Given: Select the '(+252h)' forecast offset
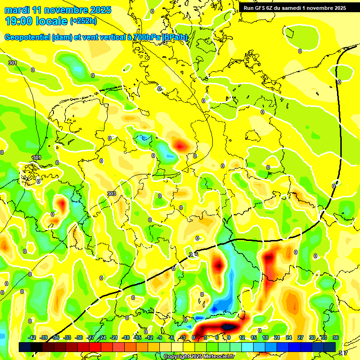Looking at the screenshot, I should click(x=83, y=21).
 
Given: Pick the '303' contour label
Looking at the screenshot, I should click(x=111, y=194).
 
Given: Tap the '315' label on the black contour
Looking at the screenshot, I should click(x=194, y=254).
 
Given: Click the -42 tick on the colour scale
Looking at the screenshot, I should click(x=32, y=337).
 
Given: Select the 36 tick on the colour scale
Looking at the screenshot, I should click(x=336, y=337).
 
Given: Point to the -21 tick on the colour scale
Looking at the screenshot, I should click(x=114, y=337).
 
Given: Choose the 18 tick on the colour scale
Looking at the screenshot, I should click(x=265, y=337).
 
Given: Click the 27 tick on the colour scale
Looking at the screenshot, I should click(x=300, y=337).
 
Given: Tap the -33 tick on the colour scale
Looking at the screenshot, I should click(x=67, y=337).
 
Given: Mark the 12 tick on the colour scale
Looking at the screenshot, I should click(x=242, y=337).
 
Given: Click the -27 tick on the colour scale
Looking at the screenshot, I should click(x=91, y=337).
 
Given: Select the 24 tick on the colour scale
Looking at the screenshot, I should click(x=289, y=337).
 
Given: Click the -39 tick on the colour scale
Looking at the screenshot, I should click(x=44, y=337).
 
